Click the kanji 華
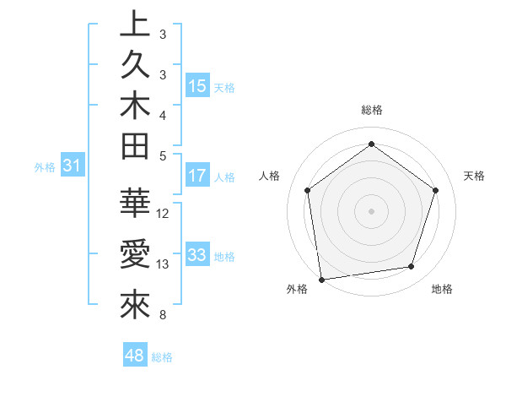[x=134, y=204]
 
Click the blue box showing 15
[x=197, y=86]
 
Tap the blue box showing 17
[x=197, y=177]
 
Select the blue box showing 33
[x=197, y=255]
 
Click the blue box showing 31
[x=73, y=166]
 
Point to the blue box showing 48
[x=134, y=356]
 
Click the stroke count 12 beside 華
[x=164, y=213]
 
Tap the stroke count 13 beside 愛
[x=164, y=264]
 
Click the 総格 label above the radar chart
[x=371, y=110]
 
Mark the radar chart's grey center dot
[x=371, y=210]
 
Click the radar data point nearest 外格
[x=321, y=278]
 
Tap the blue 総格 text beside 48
[x=162, y=357]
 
